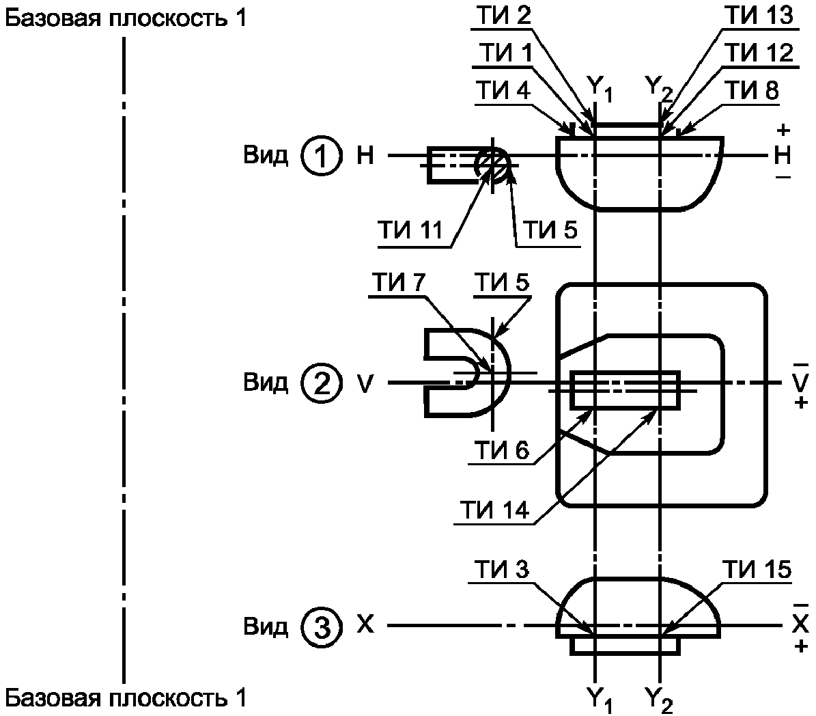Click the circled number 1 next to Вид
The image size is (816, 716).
(x=322, y=156)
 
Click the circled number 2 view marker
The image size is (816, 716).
(x=322, y=383)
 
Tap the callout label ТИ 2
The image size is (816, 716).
(x=504, y=15)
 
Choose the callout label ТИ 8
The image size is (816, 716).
(x=752, y=90)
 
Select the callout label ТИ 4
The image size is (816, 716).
(x=504, y=90)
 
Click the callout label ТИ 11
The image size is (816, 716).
(x=410, y=230)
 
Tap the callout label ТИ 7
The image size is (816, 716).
(x=399, y=282)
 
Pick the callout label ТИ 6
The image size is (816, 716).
(x=501, y=450)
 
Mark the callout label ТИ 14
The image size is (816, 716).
(x=494, y=510)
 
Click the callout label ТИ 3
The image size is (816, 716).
(x=501, y=570)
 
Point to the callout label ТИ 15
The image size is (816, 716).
(x=757, y=570)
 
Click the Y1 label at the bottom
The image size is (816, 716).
(x=600, y=699)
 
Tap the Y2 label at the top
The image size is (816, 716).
(x=659, y=87)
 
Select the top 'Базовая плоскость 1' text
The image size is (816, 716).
(x=126, y=18)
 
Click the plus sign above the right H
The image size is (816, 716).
(x=783, y=130)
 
